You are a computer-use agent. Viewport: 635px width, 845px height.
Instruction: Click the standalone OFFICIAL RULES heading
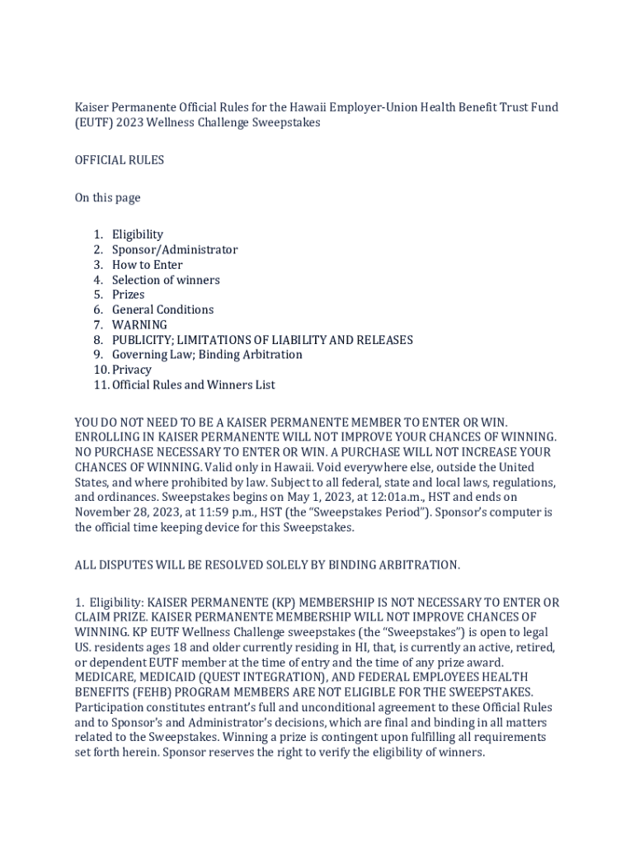coord(120,160)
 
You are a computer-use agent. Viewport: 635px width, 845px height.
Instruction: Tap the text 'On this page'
coord(108,198)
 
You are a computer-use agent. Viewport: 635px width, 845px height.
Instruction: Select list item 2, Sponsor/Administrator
coord(175,249)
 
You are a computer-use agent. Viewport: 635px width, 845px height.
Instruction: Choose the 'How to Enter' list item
coord(148,265)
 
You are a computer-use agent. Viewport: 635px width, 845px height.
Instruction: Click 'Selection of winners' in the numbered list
coord(166,280)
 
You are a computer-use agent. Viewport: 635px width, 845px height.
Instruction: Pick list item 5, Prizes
coord(128,295)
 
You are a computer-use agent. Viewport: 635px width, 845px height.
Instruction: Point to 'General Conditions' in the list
coord(162,309)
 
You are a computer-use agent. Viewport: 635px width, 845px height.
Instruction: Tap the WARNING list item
coord(139,324)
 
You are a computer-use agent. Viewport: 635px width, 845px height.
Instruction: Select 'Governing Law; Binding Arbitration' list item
coord(207,355)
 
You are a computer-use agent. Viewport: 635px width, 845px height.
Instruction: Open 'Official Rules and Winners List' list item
coord(194,385)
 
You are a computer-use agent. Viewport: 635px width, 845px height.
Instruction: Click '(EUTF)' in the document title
coord(94,123)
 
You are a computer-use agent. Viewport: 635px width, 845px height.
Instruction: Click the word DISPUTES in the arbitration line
coord(125,565)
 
